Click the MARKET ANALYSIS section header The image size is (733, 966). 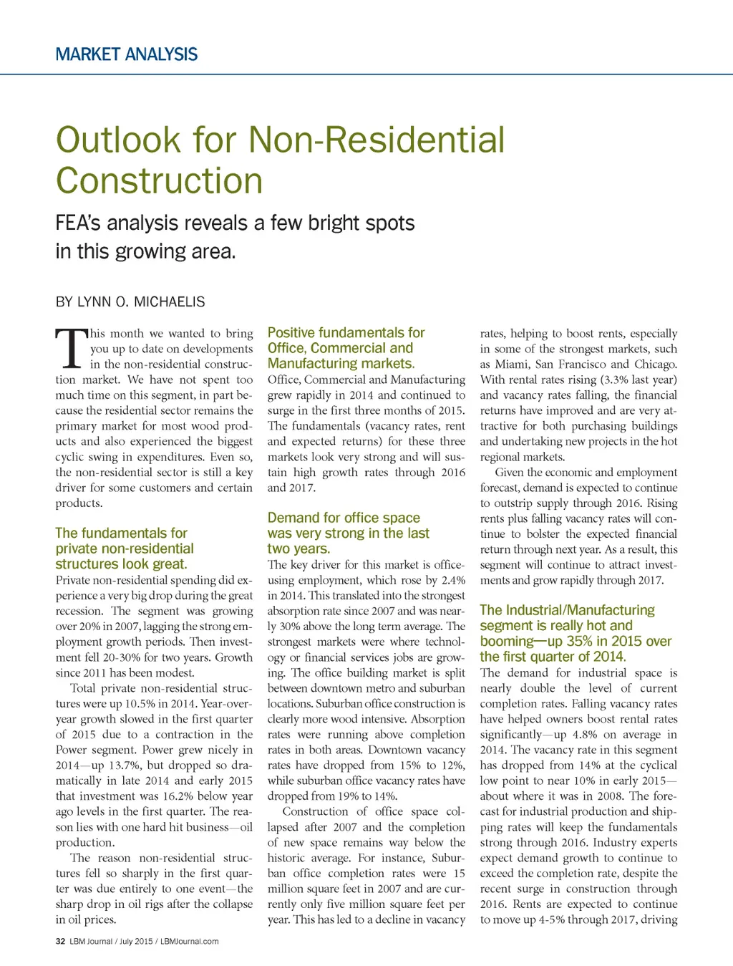tap(126, 54)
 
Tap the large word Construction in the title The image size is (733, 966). tap(159, 180)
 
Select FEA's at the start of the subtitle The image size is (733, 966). tap(78, 223)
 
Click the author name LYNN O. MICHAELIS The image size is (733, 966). tap(141, 301)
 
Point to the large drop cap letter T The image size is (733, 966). tap(69, 348)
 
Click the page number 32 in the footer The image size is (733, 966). tap(60, 941)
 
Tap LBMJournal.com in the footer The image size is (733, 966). tap(190, 941)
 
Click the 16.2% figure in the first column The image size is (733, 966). tap(180, 796)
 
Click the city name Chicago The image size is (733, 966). tap(655, 364)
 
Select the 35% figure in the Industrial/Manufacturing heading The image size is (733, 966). tap(579, 641)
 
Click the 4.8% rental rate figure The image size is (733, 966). tap(587, 735)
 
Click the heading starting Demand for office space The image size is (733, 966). tap(344, 518)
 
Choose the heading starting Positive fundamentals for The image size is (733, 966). tap(346, 333)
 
